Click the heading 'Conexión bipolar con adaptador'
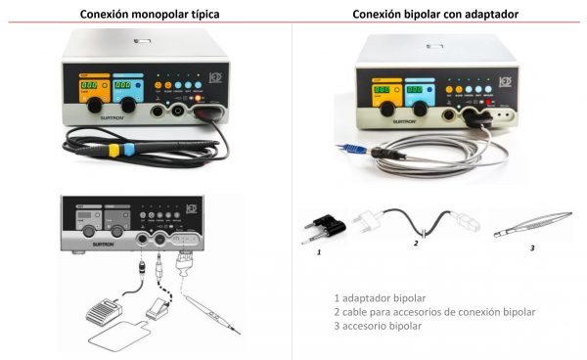435,14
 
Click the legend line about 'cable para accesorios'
434,311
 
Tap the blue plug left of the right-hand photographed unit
340,148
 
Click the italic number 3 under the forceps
531,247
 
